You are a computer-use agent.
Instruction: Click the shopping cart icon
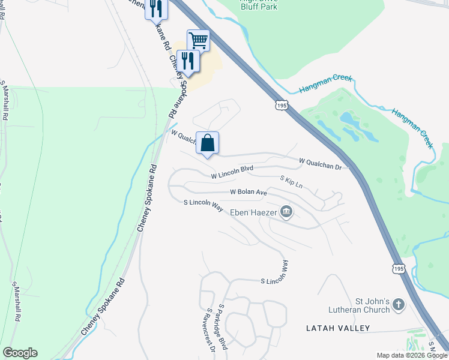pyautogui.click(x=198, y=41)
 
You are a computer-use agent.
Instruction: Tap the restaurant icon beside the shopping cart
pyautogui.click(x=188, y=61)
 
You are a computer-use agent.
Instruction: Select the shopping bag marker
pyautogui.click(x=208, y=143)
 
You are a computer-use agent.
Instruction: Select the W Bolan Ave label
pyautogui.click(x=249, y=193)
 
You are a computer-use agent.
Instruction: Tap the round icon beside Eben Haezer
pyautogui.click(x=286, y=211)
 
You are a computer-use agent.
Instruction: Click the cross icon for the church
pyautogui.click(x=399, y=305)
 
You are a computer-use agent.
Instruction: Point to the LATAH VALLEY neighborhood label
pyautogui.click(x=338, y=328)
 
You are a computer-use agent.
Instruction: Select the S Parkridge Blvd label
pyautogui.click(x=223, y=326)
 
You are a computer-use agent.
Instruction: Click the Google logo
pyautogui.click(x=20, y=353)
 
